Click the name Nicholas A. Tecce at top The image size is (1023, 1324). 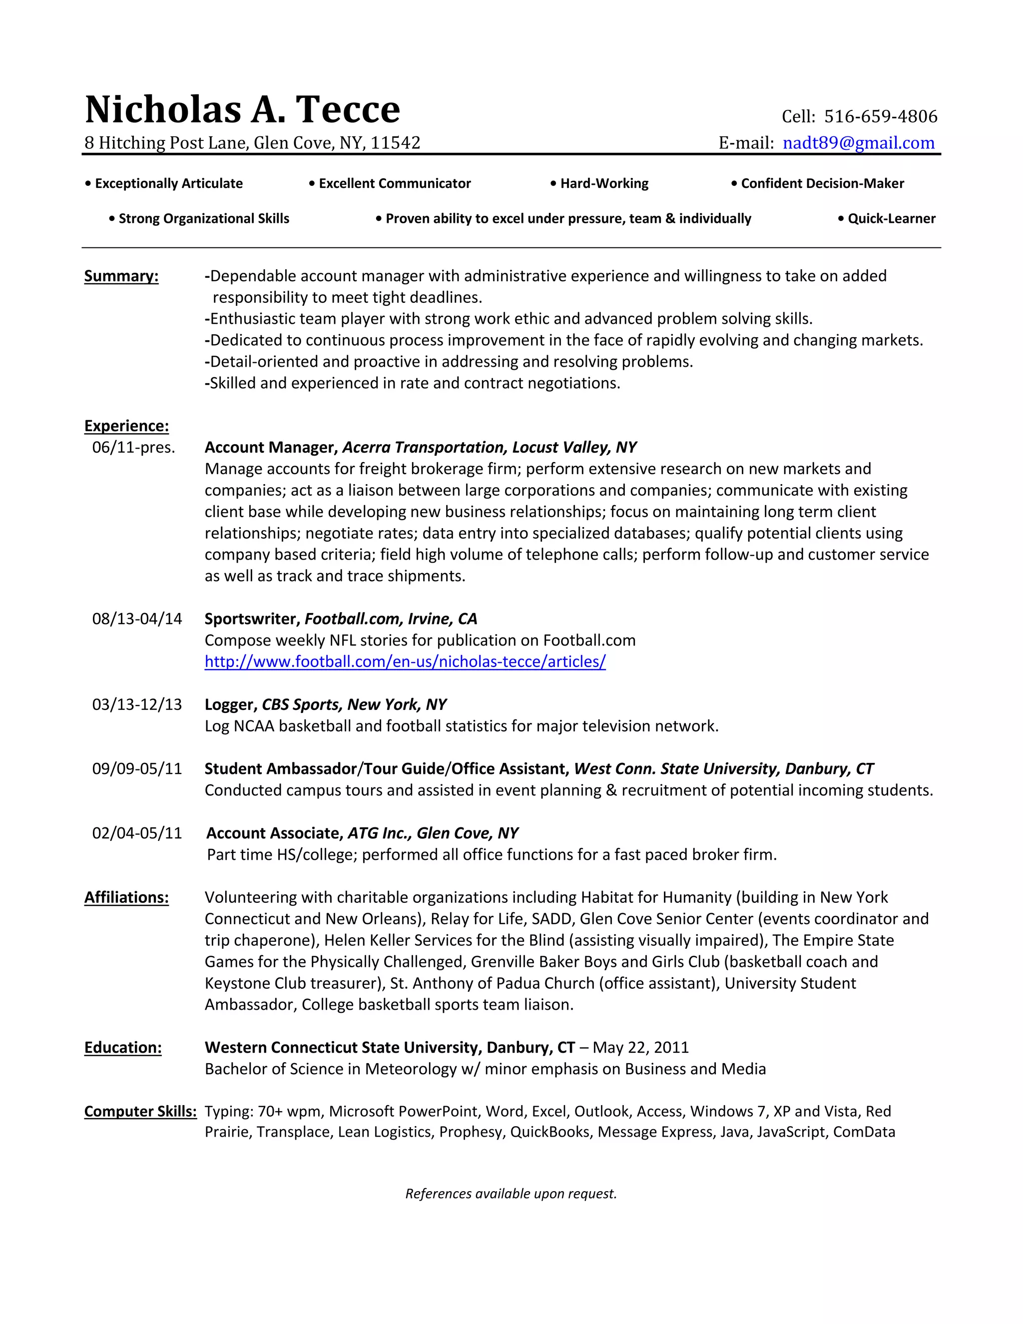242,110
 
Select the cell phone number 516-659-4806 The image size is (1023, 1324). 880,116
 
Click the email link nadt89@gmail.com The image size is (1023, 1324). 858,143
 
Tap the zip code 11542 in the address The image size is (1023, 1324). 395,143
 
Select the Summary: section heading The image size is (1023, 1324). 121,276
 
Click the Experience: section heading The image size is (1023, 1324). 126,426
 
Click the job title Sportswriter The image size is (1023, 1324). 252,619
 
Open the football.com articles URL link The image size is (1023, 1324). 405,662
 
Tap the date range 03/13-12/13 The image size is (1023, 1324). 137,705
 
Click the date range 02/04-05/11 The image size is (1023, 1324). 137,833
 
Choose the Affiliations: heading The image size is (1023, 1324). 126,898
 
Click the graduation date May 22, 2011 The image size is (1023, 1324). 640,1048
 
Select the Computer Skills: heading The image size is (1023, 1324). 140,1112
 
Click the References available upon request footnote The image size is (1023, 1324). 511,1194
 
